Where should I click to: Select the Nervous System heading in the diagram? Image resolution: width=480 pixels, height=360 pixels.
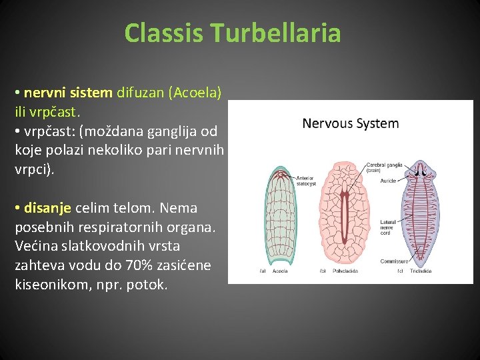tap(350, 123)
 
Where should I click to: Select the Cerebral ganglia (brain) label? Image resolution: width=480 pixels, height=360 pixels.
tap(382, 167)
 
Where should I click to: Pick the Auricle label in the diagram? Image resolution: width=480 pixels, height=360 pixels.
tap(388, 181)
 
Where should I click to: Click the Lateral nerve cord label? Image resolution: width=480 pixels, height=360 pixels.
tap(388, 227)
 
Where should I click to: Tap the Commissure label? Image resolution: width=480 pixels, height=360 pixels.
tap(393, 261)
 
